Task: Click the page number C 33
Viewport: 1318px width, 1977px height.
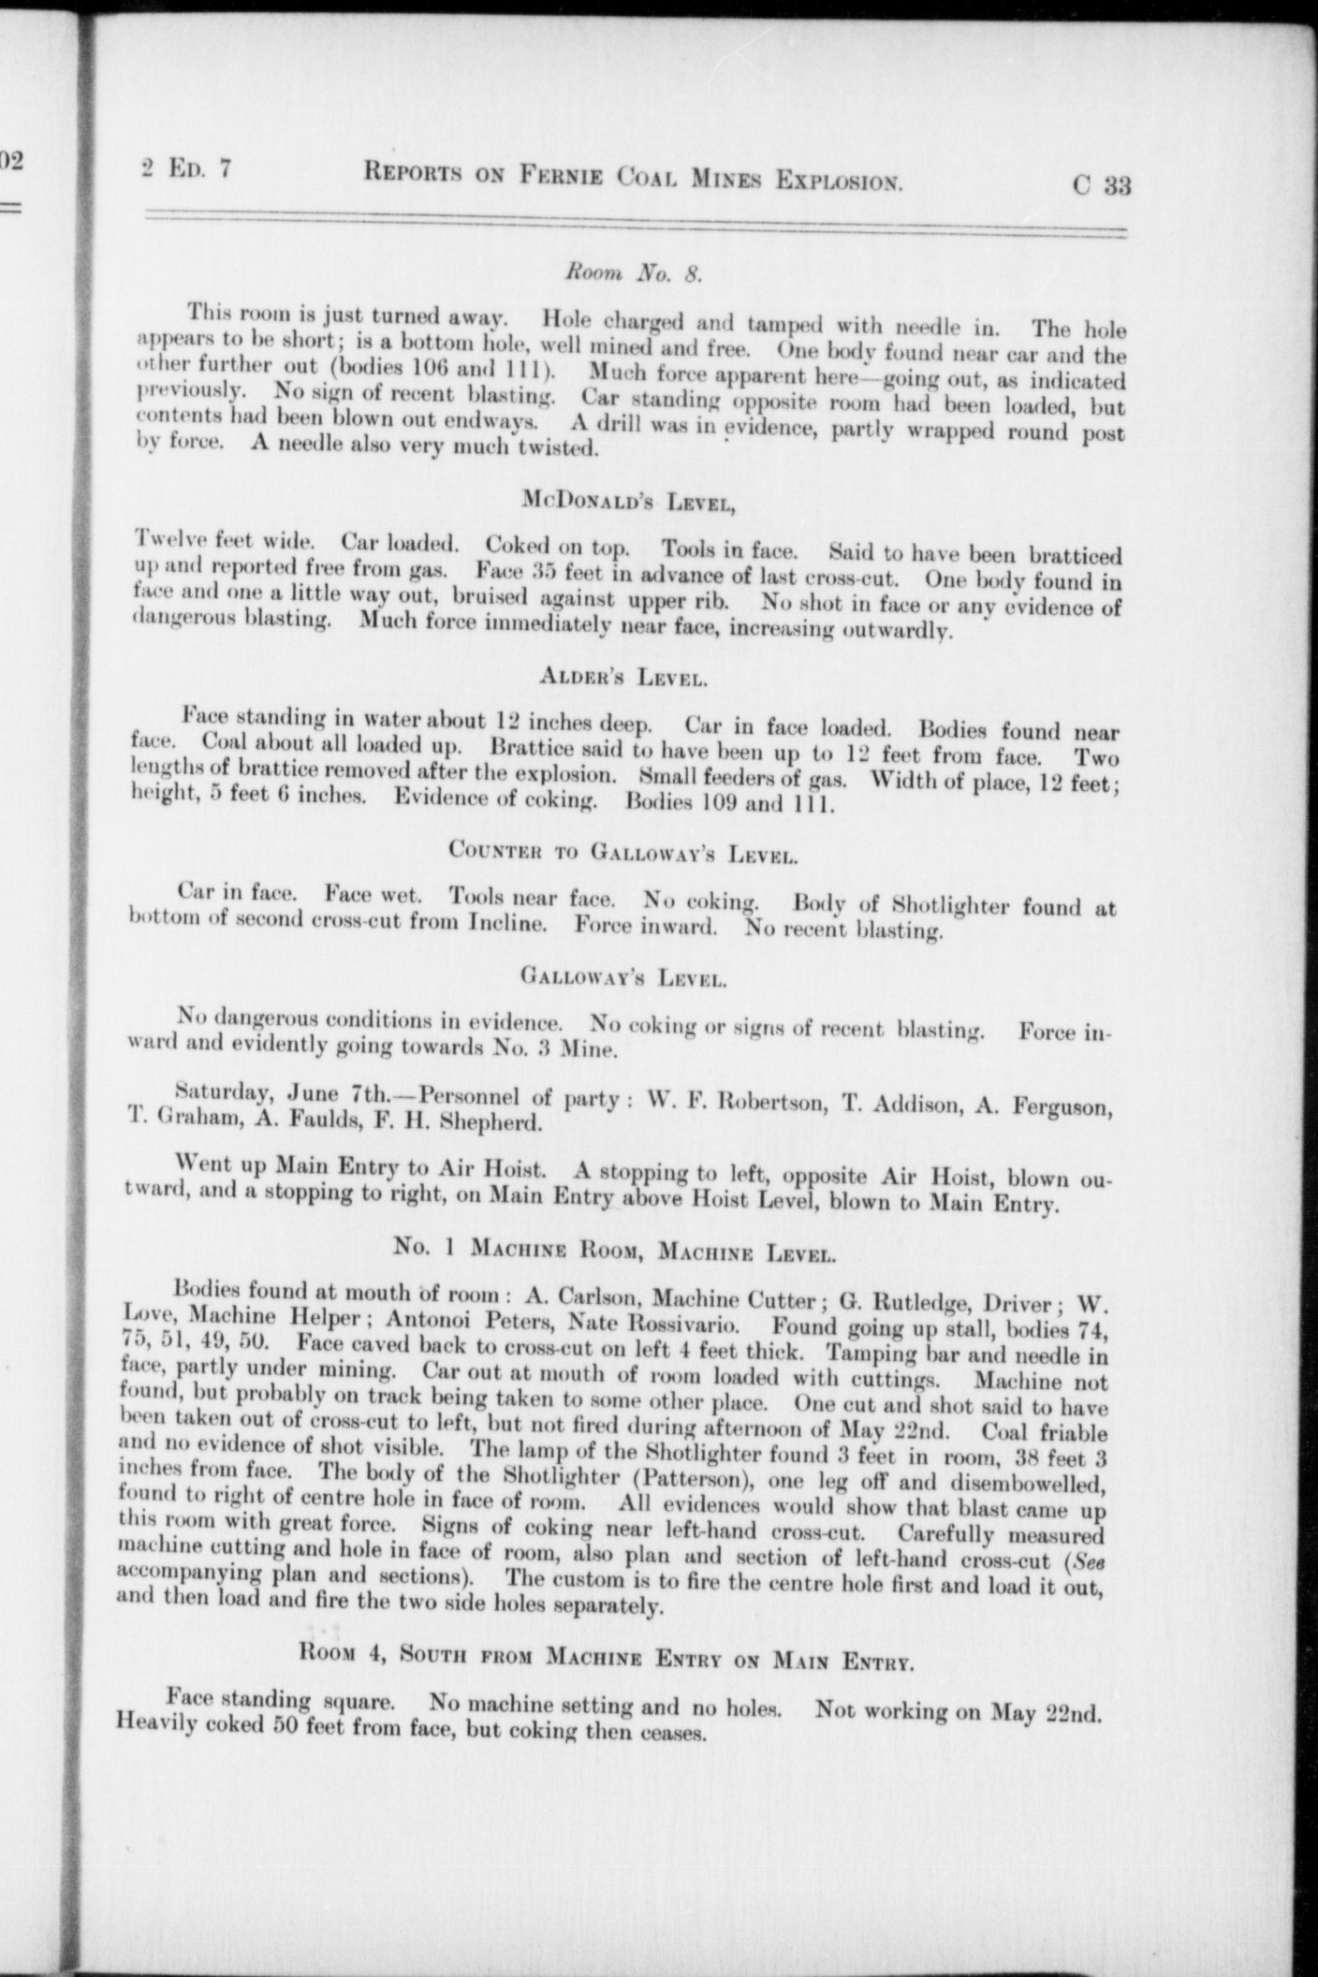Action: pyautogui.click(x=1102, y=184)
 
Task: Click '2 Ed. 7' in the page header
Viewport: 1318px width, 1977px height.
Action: pyautogui.click(x=185, y=170)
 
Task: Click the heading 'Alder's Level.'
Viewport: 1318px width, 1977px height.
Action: pyautogui.click(x=622, y=677)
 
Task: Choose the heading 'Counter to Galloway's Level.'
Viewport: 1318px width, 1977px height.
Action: pyautogui.click(x=622, y=852)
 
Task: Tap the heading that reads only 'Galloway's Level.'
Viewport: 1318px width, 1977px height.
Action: pyautogui.click(x=622, y=979)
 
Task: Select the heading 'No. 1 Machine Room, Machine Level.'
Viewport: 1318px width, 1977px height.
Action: pyautogui.click(x=614, y=1249)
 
